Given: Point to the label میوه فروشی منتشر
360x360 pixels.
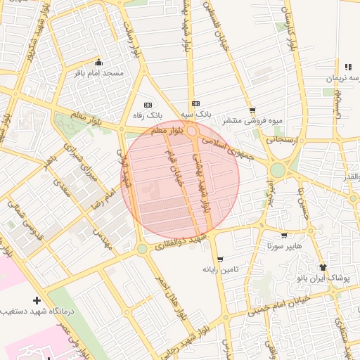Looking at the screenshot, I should pos(253,120).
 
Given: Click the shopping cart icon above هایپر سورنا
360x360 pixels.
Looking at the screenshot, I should pos(283,236).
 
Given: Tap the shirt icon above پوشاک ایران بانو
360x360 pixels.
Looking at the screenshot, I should pos(323,267).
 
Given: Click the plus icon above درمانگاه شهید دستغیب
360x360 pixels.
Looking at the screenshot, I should pos(37,300).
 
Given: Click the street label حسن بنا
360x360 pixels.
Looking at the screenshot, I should pos(300,198).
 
